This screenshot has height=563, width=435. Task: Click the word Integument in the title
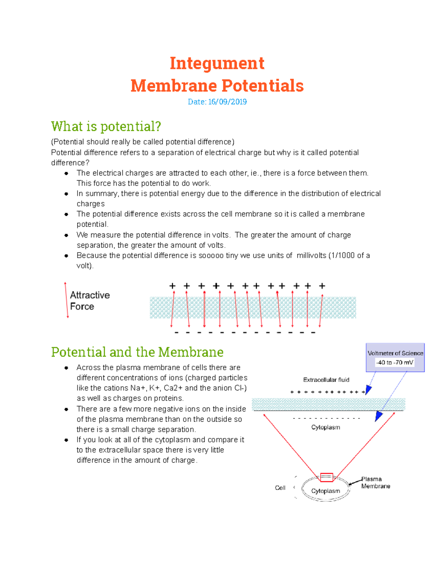coord(217,63)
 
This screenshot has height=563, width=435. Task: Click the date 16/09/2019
coord(227,102)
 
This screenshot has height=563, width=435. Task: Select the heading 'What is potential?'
coord(106,126)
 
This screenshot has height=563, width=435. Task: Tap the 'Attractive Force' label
coord(90,301)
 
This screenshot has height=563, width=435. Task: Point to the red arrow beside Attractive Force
coord(66,300)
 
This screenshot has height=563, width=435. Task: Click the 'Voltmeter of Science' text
coord(395,353)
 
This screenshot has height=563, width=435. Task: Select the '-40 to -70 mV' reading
coord(395,363)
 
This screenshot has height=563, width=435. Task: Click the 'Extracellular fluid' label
coord(326,380)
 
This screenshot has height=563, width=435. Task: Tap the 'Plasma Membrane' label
coord(375,483)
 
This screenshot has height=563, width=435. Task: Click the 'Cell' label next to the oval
coord(280,488)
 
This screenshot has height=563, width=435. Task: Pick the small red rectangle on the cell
coord(327,477)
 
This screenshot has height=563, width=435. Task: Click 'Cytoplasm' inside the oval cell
coord(326,491)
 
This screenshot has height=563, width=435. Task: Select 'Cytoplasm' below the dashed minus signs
coord(326,427)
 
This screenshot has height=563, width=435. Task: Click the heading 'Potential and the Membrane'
coord(137,352)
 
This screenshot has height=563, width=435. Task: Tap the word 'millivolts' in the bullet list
coord(311,256)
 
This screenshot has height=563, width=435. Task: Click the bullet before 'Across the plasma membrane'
coord(66,368)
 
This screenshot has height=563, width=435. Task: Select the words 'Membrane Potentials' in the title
coord(217,86)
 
